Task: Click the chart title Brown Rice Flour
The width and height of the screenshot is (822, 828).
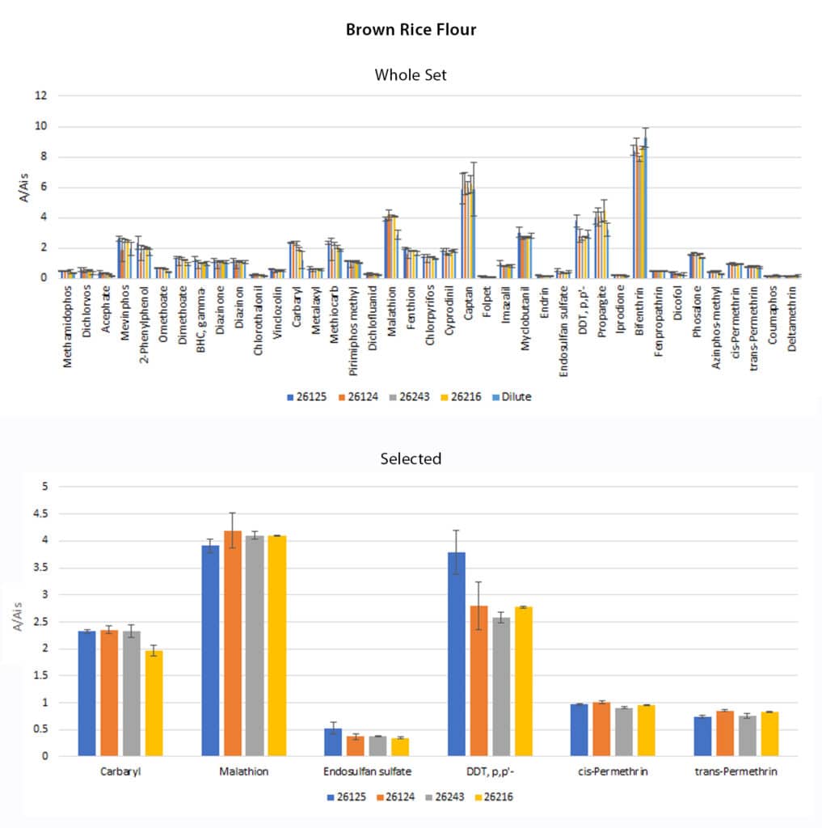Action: click(x=411, y=30)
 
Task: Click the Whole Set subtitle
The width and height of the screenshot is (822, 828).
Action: click(x=411, y=75)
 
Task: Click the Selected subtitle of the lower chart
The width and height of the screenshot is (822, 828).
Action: click(x=411, y=459)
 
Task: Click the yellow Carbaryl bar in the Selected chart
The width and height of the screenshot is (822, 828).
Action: click(x=154, y=703)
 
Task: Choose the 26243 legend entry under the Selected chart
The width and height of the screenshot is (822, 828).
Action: click(x=441, y=796)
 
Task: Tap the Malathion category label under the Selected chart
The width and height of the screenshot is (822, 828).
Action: click(x=244, y=771)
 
